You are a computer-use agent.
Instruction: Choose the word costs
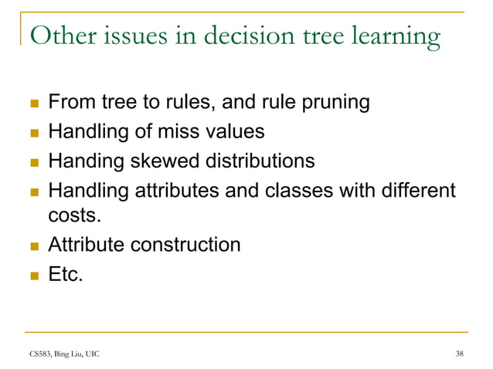pos(73,217)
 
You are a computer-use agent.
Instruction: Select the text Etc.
pos(65,275)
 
